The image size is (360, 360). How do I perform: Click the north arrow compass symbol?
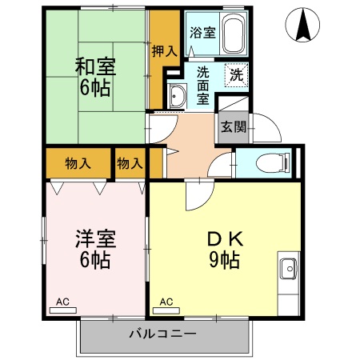pyautogui.click(x=303, y=25)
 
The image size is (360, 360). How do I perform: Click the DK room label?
pyautogui.click(x=225, y=238)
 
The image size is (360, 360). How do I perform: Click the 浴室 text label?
pyautogui.click(x=202, y=34)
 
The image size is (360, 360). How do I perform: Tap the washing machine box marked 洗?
pyautogui.click(x=237, y=75)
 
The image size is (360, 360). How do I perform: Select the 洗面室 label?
pyautogui.click(x=203, y=84)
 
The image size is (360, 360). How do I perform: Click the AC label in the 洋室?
pyautogui.click(x=62, y=302)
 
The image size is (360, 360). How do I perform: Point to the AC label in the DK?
pyautogui.click(x=166, y=302)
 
